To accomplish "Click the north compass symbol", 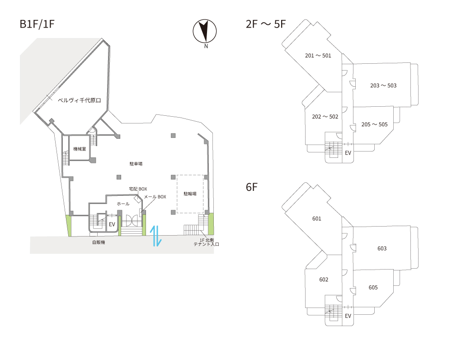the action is (x=205, y=31).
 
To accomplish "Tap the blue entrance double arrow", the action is (x=155, y=236).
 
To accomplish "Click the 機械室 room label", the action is (x=80, y=149).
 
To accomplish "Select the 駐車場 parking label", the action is (x=136, y=164).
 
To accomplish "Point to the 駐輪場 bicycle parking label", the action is (x=190, y=194).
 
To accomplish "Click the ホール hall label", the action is (x=123, y=204).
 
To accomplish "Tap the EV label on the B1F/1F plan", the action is (x=112, y=224).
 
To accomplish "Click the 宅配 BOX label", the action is (x=138, y=189).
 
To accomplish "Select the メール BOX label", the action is (x=155, y=197).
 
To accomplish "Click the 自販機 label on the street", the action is (x=99, y=242).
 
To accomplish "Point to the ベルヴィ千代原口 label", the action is (x=79, y=100).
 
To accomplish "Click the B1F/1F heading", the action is (x=37, y=24).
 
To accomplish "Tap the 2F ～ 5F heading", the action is (x=265, y=24).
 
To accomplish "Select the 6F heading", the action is (x=251, y=187).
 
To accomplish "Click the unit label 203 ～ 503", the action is (x=383, y=85).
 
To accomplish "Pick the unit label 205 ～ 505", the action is (x=374, y=124).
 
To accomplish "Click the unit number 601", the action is (x=316, y=218).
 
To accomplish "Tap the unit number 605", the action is (x=373, y=287).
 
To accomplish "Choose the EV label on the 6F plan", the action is (x=348, y=316).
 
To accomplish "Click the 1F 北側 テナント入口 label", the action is (x=207, y=242).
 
